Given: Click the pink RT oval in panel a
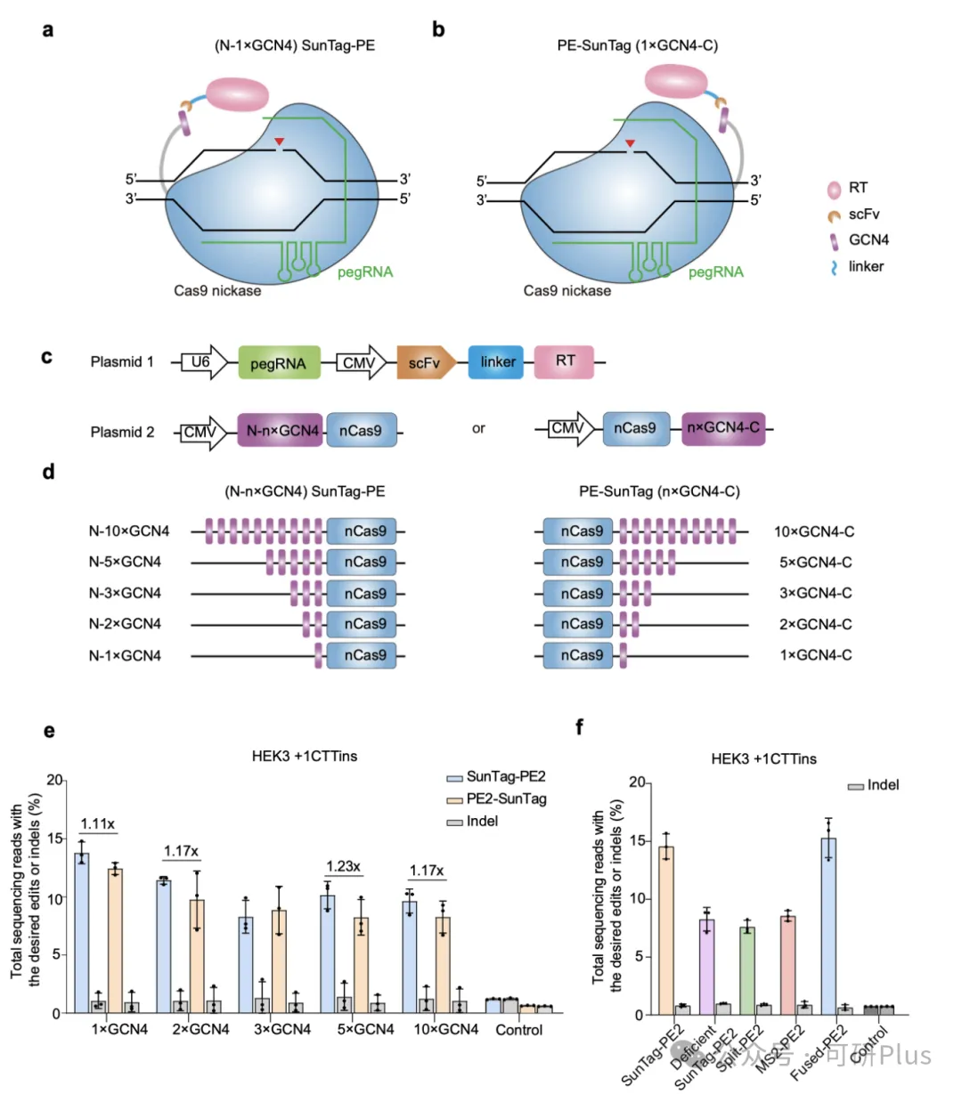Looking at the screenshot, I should tap(238, 93).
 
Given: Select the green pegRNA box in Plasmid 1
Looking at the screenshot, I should tap(278, 363).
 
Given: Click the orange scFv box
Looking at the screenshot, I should tap(425, 363).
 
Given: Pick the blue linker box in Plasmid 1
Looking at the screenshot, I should tap(497, 362).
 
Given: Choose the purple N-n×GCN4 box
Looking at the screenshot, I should tap(281, 431).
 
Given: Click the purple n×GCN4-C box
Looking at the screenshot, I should tap(722, 428).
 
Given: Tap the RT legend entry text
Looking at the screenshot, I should tap(858, 188).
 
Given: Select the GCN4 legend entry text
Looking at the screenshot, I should tap(868, 239).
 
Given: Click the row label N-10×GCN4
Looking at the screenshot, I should tap(128, 532).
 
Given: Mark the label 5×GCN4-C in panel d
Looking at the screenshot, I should tap(815, 563).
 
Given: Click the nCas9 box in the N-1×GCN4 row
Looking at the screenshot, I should tap(365, 656).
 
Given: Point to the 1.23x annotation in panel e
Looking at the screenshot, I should tap(342, 866).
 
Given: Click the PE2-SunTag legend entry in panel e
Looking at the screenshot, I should tap(506, 798).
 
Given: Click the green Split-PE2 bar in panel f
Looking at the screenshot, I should tap(746, 971).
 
